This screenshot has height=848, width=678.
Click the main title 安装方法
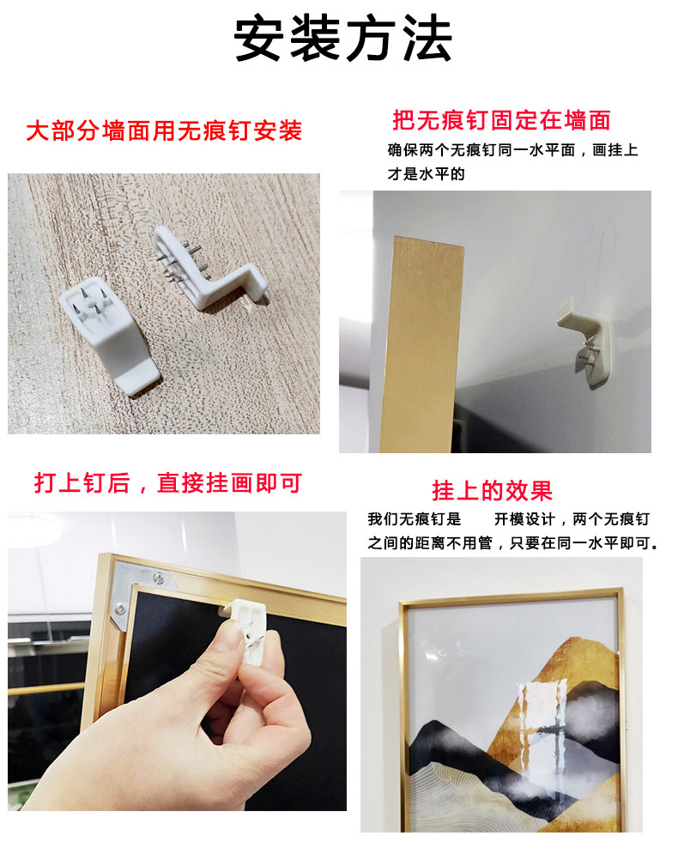pyautogui.click(x=342, y=39)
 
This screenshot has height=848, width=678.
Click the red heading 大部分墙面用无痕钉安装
pyautogui.click(x=164, y=130)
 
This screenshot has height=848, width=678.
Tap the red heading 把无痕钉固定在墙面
pyautogui.click(x=502, y=120)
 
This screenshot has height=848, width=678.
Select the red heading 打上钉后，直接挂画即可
pyautogui.click(x=167, y=483)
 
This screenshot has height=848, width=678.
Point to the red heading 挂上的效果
pyautogui.click(x=492, y=491)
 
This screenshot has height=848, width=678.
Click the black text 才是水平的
pyautogui.click(x=426, y=174)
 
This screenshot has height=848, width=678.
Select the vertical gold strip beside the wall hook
pyautogui.click(x=421, y=344)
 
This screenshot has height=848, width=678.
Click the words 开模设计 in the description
pyautogui.click(x=524, y=519)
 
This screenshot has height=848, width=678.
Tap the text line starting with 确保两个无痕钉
pyautogui.click(x=513, y=150)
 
